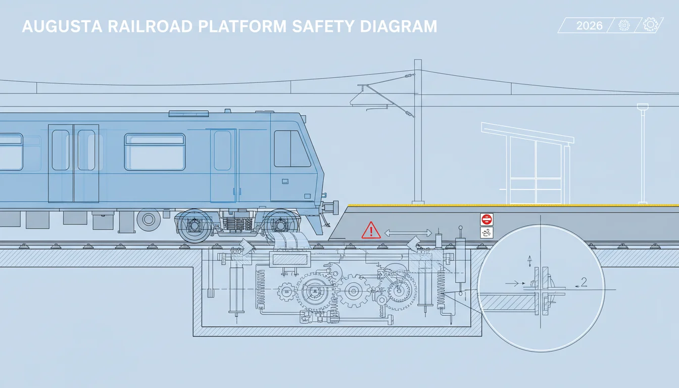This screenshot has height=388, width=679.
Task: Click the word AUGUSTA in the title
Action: point(62,26)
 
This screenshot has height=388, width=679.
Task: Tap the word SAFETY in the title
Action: point(323,26)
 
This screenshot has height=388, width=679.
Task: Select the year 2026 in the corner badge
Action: point(589,26)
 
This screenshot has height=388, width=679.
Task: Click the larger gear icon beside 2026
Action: point(650,25)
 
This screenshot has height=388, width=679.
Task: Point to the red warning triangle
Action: point(371,230)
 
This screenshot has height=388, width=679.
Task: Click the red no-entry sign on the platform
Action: point(487,219)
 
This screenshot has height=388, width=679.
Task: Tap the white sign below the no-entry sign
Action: point(487,233)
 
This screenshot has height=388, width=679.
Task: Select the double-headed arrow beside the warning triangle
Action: point(408,233)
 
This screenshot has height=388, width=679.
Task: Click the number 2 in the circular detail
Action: point(584,282)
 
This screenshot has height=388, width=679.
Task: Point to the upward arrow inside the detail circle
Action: point(529,261)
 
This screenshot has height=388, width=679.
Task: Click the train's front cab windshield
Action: point(292,149)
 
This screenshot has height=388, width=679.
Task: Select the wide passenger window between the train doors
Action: point(155,152)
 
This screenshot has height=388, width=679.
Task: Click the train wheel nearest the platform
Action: point(280,225)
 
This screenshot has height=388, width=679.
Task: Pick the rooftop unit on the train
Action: point(188,114)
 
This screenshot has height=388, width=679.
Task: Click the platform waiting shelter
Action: point(527,163)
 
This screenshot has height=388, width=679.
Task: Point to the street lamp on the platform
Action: point(642,154)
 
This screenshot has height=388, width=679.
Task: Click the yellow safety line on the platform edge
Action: point(513,205)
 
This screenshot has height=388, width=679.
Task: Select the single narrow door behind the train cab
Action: point(223,166)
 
